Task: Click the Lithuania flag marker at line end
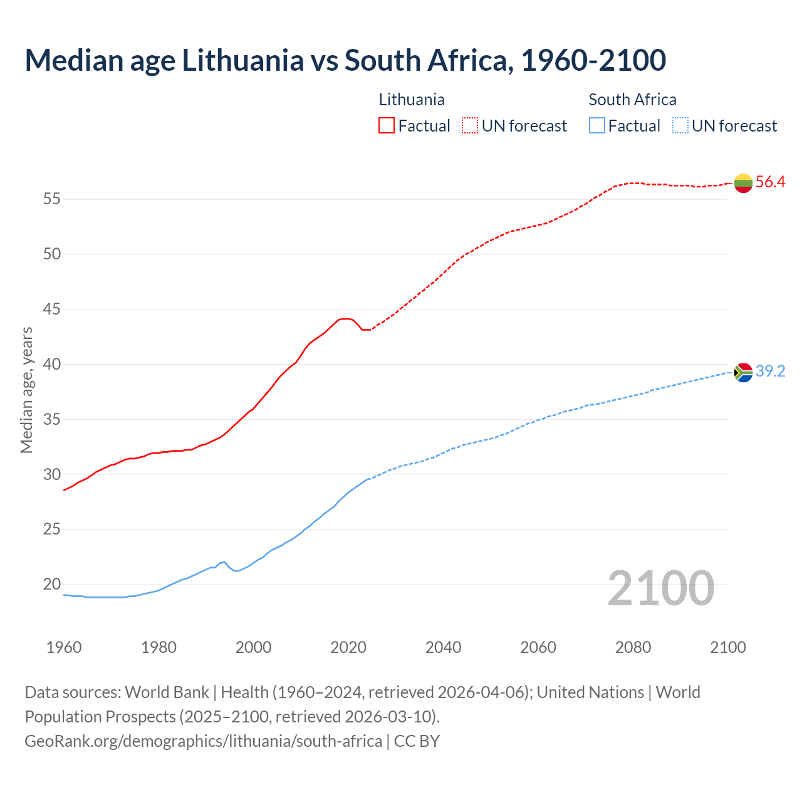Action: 743,183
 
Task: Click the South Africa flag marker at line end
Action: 743,372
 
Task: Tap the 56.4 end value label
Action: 770,182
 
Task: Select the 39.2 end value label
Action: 770,372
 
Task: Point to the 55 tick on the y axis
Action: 51,199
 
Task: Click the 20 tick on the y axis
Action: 51,585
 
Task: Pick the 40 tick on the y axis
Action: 51,364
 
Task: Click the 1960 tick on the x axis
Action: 64,647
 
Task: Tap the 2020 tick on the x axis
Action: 348,647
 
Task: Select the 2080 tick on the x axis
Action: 633,647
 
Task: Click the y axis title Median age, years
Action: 26,390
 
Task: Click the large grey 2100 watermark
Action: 660,588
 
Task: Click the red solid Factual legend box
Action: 387,126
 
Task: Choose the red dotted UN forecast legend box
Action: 470,126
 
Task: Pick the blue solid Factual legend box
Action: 597,126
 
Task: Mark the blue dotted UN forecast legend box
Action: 680,126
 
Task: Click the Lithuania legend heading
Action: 412,100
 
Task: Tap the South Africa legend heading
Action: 632,100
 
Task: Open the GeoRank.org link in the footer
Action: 203,741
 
